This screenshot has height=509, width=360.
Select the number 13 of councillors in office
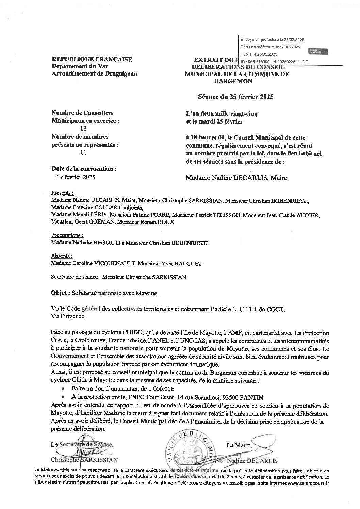tap(82, 129)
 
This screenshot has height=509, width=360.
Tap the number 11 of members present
tap(82, 153)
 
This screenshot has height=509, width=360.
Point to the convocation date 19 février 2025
tap(75, 177)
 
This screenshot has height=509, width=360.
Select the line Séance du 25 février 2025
tap(236, 97)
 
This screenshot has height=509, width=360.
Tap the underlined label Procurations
tap(67, 235)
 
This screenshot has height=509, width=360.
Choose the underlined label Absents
tap(62, 256)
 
